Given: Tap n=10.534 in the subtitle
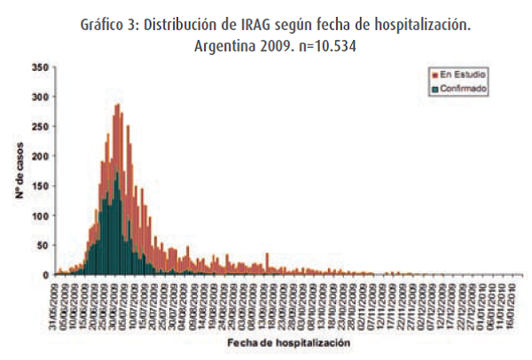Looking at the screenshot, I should [x=325, y=46].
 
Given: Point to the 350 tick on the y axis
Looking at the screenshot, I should [x=40, y=67].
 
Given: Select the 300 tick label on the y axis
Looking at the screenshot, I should [x=40, y=98].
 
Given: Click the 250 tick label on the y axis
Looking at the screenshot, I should [x=40, y=127].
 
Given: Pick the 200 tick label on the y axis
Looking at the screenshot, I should [x=40, y=157].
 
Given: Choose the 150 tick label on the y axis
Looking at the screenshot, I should [x=40, y=186].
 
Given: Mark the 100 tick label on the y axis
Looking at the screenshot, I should [x=40, y=216].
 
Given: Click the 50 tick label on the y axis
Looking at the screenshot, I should [x=43, y=246].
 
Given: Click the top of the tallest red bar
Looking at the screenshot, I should [x=117, y=105].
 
